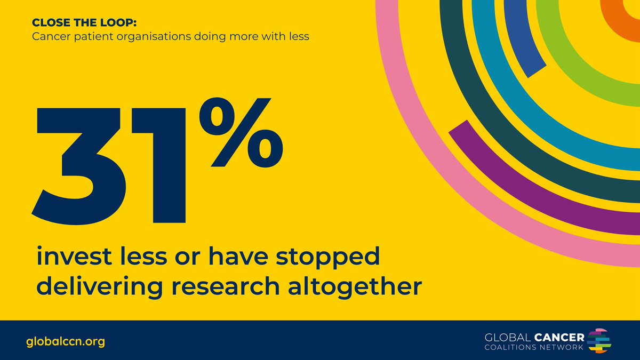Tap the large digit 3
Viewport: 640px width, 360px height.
point(85,165)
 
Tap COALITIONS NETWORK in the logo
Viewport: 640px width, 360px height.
point(534,348)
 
